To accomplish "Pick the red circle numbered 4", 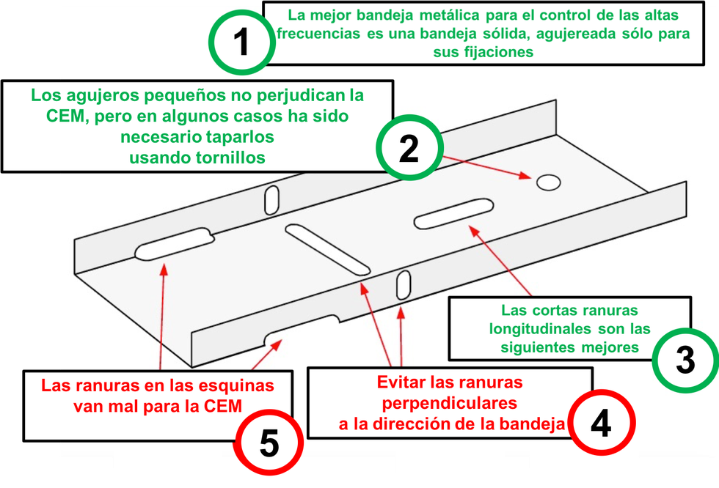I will pyautogui.click(x=601, y=423).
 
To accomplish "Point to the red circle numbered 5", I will pyautogui.click(x=269, y=443).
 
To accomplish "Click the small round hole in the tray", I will pyautogui.click(x=547, y=182).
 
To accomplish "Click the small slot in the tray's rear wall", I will pyautogui.click(x=272, y=200).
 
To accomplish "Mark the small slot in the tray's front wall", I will pyautogui.click(x=403, y=284).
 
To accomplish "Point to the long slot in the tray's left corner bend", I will pyautogui.click(x=174, y=243).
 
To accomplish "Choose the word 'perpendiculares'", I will pyautogui.click(x=450, y=402).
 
